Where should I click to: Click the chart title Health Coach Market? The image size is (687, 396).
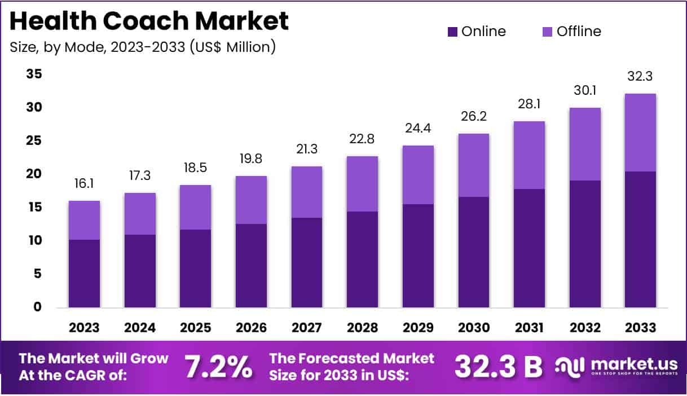coord(149,21)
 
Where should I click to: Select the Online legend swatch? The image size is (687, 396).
coord(452,32)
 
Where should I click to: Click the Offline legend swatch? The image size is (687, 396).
coord(547,32)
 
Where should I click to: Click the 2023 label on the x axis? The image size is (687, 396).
coord(84,328)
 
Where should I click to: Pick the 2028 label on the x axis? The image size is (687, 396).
coord(362,328)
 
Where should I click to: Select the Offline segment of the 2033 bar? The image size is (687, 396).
coord(640,133)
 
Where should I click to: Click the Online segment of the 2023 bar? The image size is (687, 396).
coord(84,274)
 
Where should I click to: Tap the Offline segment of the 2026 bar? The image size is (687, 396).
coord(251,200)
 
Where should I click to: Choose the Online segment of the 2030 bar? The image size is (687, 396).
coord(473,252)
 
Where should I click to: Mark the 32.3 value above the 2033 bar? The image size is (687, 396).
coord(640,77)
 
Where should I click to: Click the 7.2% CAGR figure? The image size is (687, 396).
coord(219,367)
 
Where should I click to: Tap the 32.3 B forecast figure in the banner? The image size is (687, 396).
coord(498,367)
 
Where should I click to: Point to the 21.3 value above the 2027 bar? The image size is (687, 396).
coord(306,149)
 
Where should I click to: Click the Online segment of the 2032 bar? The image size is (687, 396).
coord(585,244)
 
